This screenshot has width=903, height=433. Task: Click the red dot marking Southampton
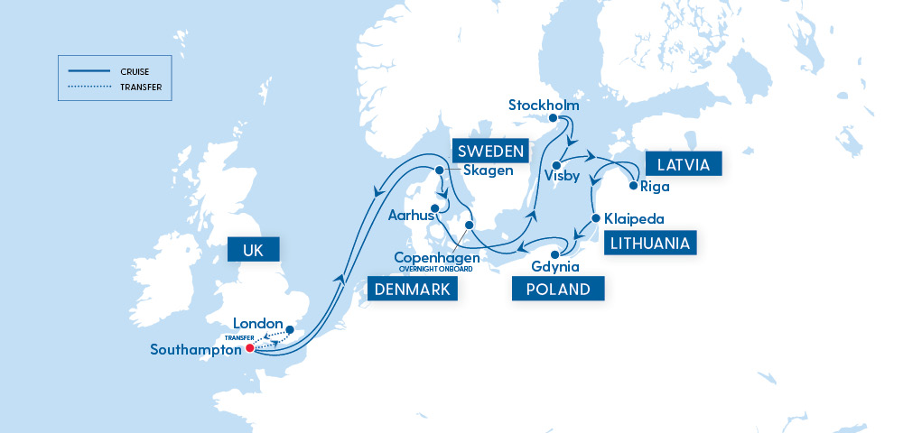(250, 348)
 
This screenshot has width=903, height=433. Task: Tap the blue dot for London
(290, 330)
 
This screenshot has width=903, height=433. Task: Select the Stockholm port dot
(554, 117)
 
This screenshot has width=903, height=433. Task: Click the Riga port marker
(633, 188)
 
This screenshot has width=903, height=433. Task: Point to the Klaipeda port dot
(596, 218)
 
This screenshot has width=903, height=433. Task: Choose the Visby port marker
(557, 164)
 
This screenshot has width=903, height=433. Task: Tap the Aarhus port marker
(434, 211)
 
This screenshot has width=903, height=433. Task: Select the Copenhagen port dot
(469, 225)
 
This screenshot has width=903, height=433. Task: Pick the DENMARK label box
(411, 289)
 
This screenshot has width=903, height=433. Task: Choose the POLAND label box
(557, 289)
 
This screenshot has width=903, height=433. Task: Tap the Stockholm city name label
(543, 103)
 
